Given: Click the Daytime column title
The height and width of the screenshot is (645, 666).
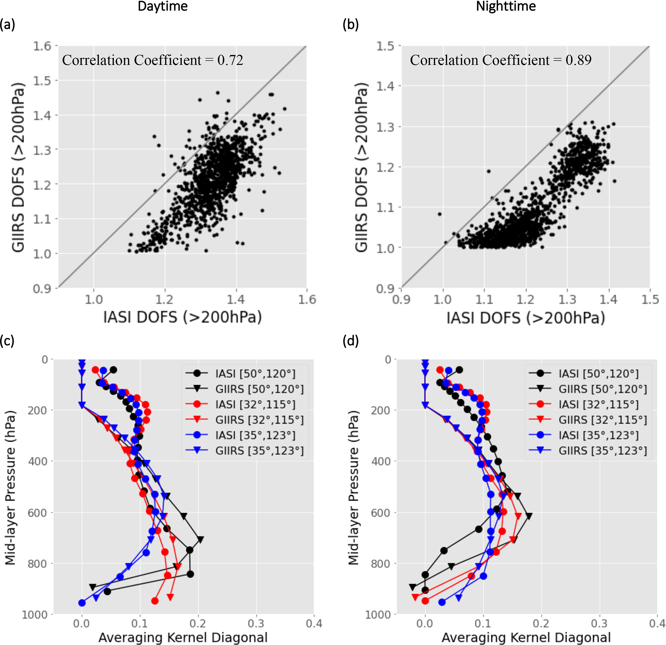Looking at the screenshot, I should (x=162, y=6).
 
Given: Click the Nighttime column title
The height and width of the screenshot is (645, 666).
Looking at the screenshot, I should (x=506, y=6).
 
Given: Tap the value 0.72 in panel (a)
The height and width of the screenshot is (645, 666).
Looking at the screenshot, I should (x=230, y=60).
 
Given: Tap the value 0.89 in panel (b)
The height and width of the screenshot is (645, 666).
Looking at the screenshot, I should (x=578, y=60).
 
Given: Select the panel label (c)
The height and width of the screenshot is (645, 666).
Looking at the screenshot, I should (x=7, y=340).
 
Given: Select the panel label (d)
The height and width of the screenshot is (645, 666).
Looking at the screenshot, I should (x=351, y=340).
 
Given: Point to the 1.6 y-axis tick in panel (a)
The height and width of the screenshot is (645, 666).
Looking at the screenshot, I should (x=42, y=46).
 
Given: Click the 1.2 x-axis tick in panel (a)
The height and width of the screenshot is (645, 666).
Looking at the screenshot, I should (x=164, y=300).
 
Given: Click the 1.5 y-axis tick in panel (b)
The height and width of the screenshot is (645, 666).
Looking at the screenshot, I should (x=385, y=46).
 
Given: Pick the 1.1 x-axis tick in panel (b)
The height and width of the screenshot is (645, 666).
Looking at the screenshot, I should (x=484, y=300).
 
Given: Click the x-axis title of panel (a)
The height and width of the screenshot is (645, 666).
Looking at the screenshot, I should (x=182, y=317).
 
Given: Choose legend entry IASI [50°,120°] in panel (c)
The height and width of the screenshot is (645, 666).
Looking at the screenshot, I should (x=255, y=374).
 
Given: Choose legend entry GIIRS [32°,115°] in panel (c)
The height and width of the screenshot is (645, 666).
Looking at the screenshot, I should (x=259, y=420).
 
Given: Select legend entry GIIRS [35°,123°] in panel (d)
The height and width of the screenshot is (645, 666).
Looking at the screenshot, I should (x=603, y=451).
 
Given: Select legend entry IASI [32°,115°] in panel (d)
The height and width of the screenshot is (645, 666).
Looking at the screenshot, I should (x=599, y=405).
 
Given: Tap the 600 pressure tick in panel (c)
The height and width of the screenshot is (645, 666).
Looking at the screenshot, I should (x=37, y=513).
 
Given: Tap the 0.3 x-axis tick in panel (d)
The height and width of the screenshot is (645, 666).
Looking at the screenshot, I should (x=599, y=623).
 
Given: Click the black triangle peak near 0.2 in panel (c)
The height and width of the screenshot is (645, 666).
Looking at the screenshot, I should (x=200, y=539).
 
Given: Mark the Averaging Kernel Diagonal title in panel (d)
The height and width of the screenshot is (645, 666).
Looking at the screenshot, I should (x=526, y=637).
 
